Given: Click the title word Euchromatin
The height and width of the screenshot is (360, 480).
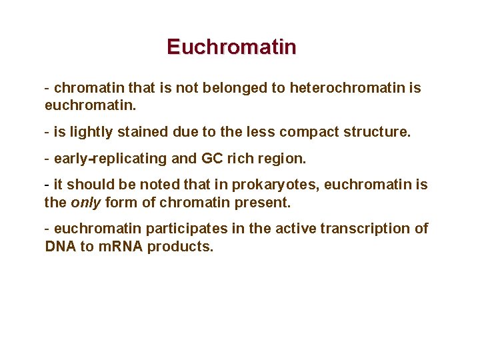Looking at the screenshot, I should pyautogui.click(x=231, y=47).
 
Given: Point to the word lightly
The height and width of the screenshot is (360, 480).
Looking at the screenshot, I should pyautogui.click(x=92, y=132).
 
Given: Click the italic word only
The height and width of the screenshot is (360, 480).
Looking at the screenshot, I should pyautogui.click(x=83, y=201).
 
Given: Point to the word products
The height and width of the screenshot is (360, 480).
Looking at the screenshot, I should pyautogui.click(x=179, y=246).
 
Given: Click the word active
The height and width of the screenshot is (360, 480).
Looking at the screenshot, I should pyautogui.click(x=295, y=229).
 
